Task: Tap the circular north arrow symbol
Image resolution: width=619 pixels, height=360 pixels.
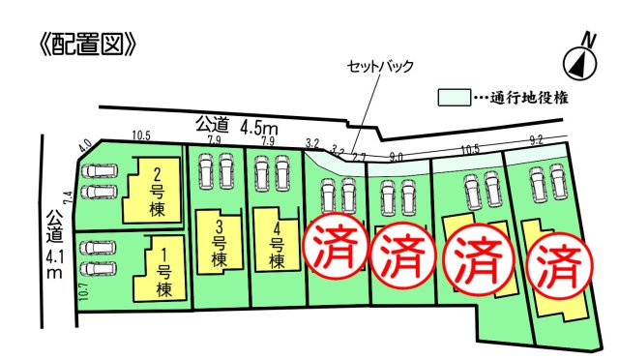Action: coord(579,64)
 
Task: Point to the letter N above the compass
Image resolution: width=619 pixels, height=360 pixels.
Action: coord(586,38)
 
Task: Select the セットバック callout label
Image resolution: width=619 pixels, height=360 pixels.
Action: coord(381,67)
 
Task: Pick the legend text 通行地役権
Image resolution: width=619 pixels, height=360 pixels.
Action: coord(528,98)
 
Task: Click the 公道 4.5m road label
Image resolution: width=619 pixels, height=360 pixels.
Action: coord(238,124)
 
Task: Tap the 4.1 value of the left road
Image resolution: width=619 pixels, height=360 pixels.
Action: coord(56,257)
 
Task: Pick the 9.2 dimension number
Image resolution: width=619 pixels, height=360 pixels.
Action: coord(536,142)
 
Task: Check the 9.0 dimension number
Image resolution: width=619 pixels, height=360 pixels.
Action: coord(396,156)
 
